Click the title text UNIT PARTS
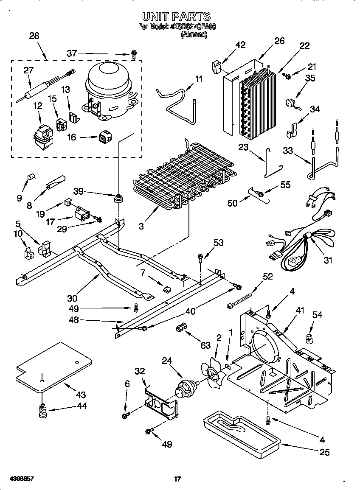click(x=176, y=17)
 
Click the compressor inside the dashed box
click(x=109, y=90)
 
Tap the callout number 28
click(x=34, y=36)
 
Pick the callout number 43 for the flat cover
click(x=81, y=394)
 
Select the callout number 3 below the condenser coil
click(x=141, y=226)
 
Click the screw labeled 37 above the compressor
click(x=134, y=54)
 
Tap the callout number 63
click(x=205, y=345)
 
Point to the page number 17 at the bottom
click(x=178, y=479)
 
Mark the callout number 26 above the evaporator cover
click(x=279, y=41)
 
